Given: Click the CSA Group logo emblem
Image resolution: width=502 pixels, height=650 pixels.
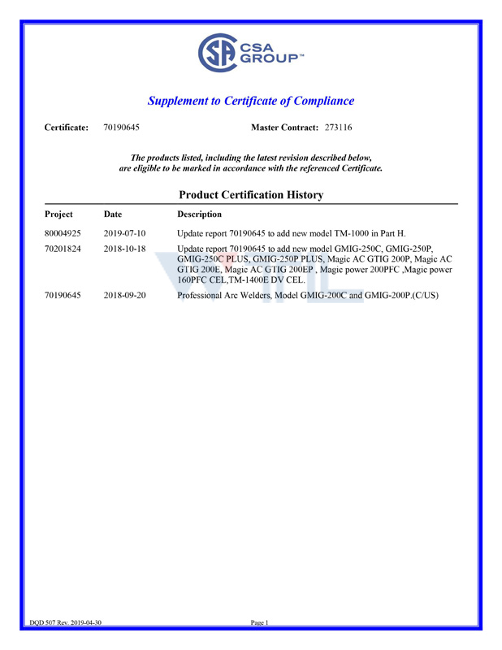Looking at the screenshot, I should [216, 54].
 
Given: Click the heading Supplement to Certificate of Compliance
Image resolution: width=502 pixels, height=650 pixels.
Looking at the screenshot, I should [250, 101].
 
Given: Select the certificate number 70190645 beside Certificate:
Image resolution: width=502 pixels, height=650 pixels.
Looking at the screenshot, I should [122, 128].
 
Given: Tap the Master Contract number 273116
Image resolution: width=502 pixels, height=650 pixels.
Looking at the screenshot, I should [338, 128].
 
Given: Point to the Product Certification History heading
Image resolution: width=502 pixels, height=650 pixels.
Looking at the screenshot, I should [250, 195].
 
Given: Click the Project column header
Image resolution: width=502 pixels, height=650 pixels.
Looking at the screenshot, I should [58, 214].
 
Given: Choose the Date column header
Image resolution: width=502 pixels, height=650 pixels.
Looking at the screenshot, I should [113, 214].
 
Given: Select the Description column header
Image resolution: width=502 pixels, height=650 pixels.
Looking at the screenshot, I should [199, 214].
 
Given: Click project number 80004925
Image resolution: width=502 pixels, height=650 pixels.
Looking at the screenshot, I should [63, 233].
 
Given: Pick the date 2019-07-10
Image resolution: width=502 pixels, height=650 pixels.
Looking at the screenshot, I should [124, 233].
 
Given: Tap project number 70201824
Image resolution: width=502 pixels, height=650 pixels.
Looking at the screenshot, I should [63, 249].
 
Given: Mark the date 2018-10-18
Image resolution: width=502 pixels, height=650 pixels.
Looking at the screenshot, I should [124, 249].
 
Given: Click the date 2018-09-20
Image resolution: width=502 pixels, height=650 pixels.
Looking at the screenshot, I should [124, 296].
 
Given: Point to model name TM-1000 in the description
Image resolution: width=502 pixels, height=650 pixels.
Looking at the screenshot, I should [353, 233].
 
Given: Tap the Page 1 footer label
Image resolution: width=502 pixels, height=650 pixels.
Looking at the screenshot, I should [259, 622].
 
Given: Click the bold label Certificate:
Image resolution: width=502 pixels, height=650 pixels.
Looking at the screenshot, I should [66, 128].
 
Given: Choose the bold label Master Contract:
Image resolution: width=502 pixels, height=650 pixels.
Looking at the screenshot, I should [285, 128].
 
